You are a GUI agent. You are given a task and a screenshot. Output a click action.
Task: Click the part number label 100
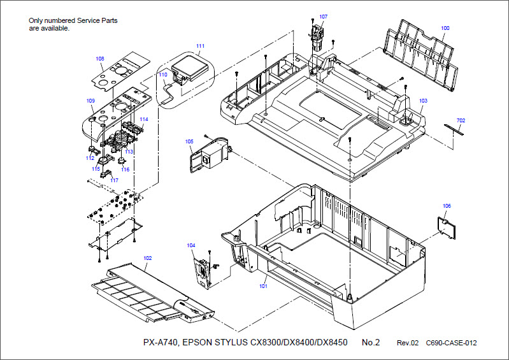coord(445,28)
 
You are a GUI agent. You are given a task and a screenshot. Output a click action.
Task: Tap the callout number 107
coord(323,17)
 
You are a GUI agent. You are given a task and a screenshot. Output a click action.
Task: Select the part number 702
coord(461,120)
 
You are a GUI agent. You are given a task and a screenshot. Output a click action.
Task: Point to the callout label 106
coord(447,206)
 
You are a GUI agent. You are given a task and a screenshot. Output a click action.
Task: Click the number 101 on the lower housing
coord(263,286)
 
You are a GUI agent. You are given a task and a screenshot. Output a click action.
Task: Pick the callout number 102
coord(147,258)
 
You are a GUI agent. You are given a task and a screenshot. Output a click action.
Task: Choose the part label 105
coord(189,141)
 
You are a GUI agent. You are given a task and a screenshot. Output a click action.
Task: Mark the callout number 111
coord(200,46)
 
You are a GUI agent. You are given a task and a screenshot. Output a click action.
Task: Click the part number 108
coord(100,59)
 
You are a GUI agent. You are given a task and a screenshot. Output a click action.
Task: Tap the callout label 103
coord(423,101)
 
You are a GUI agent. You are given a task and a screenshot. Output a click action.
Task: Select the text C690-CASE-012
coord(451,343)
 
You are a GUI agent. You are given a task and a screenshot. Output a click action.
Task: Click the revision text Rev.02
coord(408,343)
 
